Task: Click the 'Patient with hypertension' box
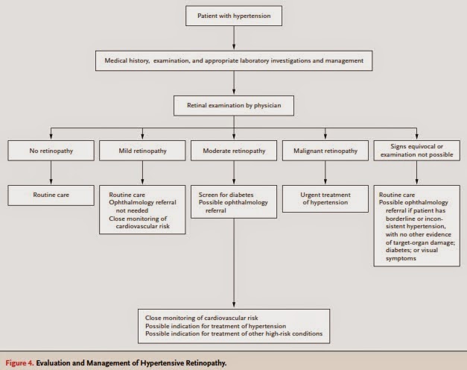click(x=234, y=16)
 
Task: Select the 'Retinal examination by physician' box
click(x=234, y=105)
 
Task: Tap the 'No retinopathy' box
click(x=51, y=151)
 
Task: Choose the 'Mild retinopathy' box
click(x=142, y=151)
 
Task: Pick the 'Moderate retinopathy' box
click(x=234, y=151)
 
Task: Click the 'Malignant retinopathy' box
click(x=325, y=151)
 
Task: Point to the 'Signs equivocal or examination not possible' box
click(x=416, y=151)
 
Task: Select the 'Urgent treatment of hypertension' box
click(x=325, y=198)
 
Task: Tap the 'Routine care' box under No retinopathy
click(x=51, y=195)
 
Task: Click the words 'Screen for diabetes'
click(x=226, y=195)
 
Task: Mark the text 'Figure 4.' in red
click(x=19, y=363)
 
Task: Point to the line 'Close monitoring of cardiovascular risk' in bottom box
click(x=202, y=318)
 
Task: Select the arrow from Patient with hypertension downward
click(x=234, y=37)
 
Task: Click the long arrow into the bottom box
click(x=234, y=263)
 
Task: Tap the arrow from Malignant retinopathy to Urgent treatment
click(x=325, y=172)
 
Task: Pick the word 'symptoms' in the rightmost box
click(x=401, y=258)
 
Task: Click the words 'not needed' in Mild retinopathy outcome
click(x=132, y=210)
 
